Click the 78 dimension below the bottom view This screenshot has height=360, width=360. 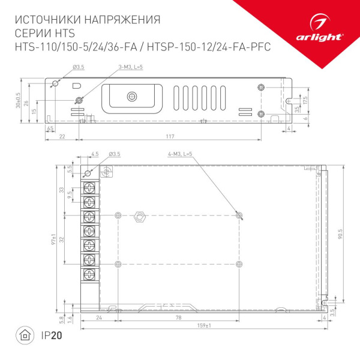pyautogui.click(x=178, y=317)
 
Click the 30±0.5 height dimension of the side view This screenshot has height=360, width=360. pyautogui.click(x=19, y=99)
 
